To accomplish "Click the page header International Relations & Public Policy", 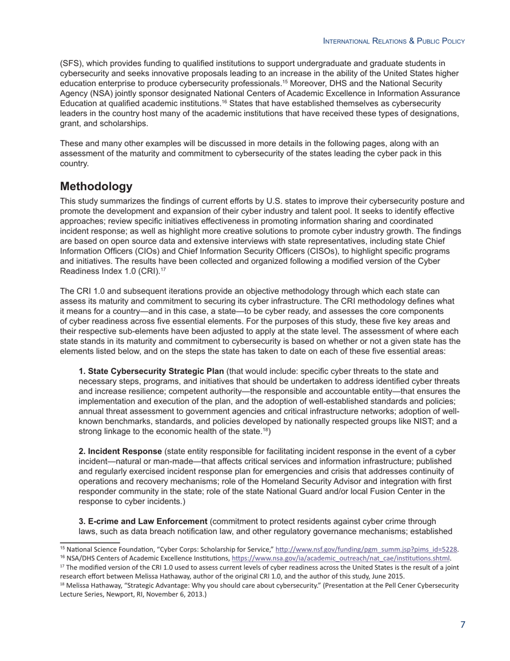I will coord(394,41).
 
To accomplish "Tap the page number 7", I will coord(462,624).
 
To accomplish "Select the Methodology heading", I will coord(96,186).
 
